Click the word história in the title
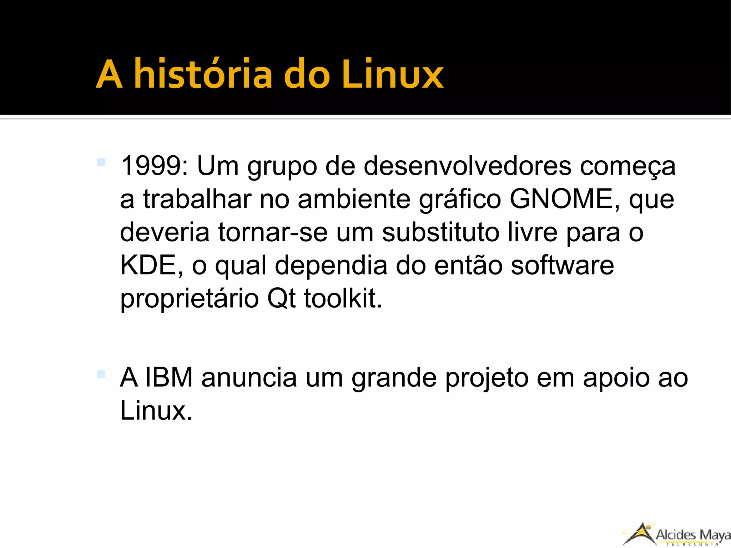pyautogui.click(x=204, y=74)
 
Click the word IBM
pyautogui.click(x=169, y=378)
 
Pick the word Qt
pyautogui.click(x=281, y=298)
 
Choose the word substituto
pyautogui.click(x=440, y=232)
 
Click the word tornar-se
pyautogui.click(x=273, y=232)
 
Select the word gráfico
pyautogui.click(x=460, y=200)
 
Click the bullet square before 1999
pyautogui.click(x=101, y=162)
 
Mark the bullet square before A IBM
pyautogui.click(x=101, y=374)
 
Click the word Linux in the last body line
pyautogui.click(x=156, y=411)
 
